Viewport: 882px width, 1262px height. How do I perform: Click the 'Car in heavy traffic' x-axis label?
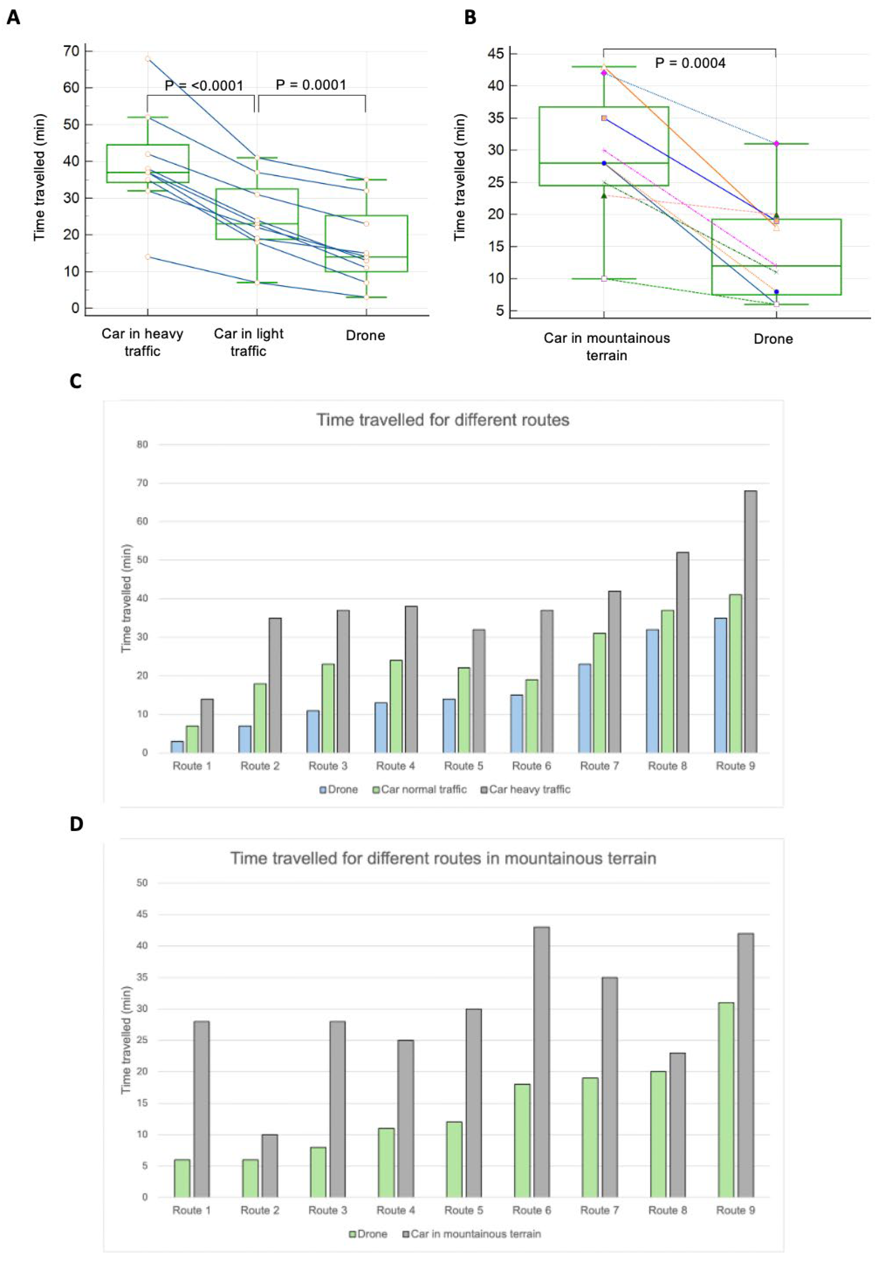click(x=142, y=342)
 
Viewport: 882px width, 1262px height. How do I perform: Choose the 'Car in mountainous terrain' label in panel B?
click(x=607, y=346)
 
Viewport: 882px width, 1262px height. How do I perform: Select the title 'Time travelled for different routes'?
click(x=442, y=420)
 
